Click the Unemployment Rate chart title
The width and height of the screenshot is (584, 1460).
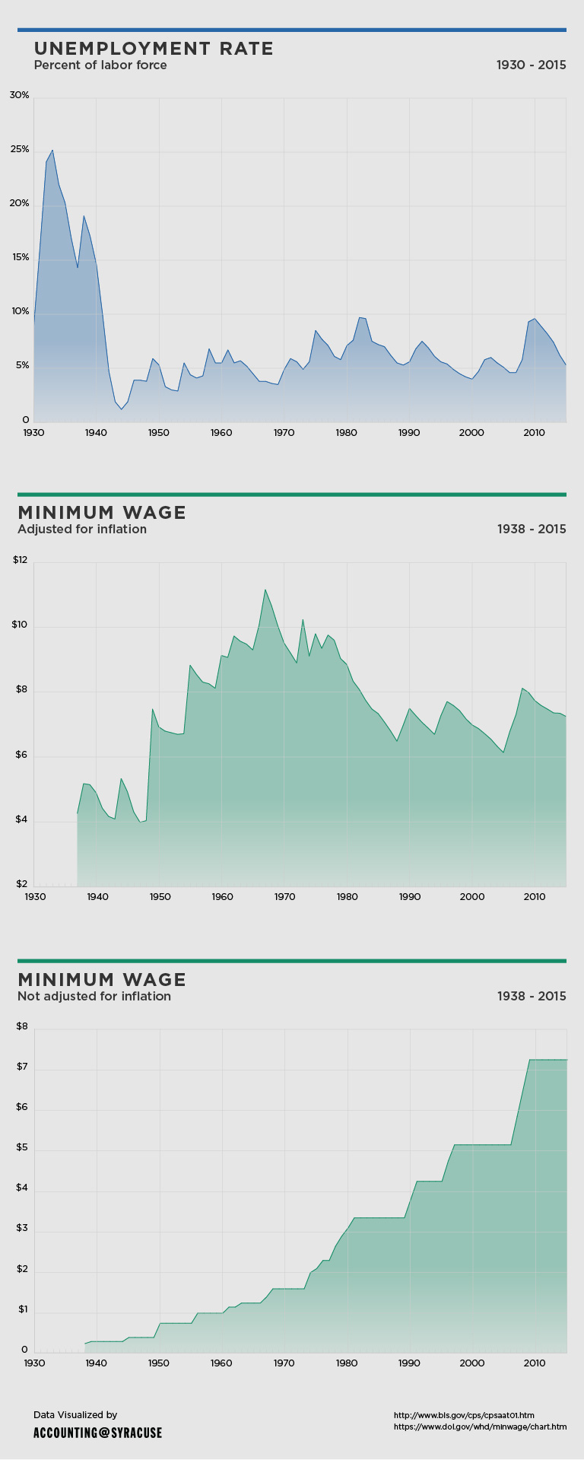[154, 49]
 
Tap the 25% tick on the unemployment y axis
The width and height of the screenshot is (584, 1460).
[20, 150]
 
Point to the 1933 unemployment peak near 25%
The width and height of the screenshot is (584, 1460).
[52, 151]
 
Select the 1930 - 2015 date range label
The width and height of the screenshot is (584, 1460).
[531, 65]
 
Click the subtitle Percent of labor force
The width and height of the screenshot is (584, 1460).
[100, 65]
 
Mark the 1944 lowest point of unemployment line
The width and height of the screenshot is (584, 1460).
[121, 409]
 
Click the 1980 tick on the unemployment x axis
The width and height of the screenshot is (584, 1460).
[347, 433]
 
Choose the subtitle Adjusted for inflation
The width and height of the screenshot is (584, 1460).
[82, 530]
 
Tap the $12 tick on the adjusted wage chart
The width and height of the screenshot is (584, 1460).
[20, 561]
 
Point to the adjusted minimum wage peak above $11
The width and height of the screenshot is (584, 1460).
[265, 590]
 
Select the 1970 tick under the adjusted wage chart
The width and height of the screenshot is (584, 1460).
[284, 897]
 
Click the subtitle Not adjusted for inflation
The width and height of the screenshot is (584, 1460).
[94, 997]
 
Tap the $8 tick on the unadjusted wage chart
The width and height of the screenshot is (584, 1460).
[21, 1027]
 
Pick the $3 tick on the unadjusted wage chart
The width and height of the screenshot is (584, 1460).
[21, 1229]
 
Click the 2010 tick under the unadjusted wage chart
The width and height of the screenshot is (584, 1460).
[535, 1363]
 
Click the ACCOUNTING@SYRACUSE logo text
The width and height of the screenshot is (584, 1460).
[97, 1433]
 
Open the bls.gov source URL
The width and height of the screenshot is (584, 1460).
[464, 1416]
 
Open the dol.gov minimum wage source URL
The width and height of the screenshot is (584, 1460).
[480, 1427]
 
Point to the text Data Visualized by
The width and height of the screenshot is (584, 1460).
[75, 1415]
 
